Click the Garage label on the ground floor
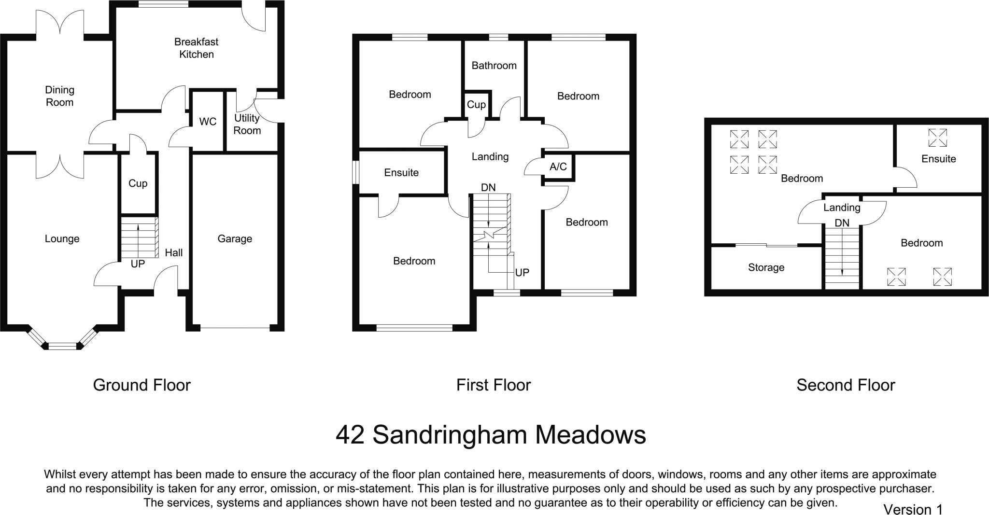[x=235, y=238]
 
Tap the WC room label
[x=208, y=122]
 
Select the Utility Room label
[x=247, y=124]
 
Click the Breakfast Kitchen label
[x=196, y=48]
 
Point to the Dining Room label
[x=59, y=96]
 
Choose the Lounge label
[x=62, y=238]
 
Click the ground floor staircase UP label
[x=138, y=264]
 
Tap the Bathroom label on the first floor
[x=494, y=65]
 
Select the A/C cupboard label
[x=558, y=167]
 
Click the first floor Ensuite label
[x=401, y=172]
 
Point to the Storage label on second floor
[x=766, y=267]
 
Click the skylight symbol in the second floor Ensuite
[x=937, y=138]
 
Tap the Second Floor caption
[x=846, y=385]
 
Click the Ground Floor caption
[x=141, y=385]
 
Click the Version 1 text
[x=913, y=509]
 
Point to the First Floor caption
[x=494, y=385]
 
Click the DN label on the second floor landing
[x=842, y=223]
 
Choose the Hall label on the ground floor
[x=174, y=252]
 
